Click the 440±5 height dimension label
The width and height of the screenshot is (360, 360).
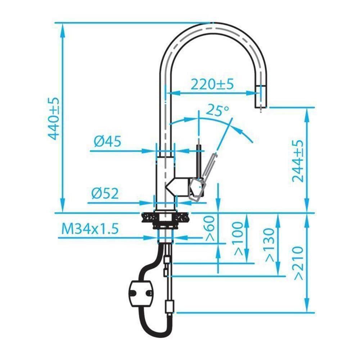54,118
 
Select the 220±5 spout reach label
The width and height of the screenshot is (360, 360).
212,84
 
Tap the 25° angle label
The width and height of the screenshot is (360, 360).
217,110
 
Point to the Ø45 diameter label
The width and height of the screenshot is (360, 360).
107,141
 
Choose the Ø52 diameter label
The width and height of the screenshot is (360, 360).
105,194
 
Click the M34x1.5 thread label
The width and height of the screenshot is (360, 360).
90,229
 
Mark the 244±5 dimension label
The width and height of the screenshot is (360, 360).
298,161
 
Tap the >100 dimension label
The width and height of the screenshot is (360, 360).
238,239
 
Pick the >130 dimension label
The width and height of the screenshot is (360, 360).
270,245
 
